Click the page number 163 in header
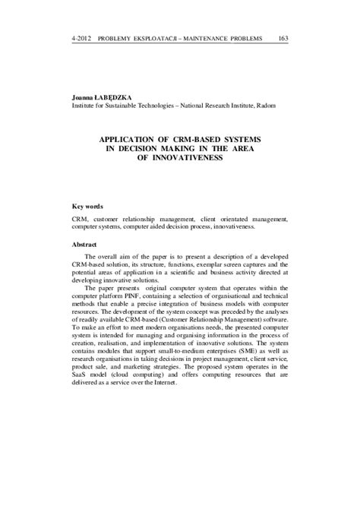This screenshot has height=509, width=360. click(x=283, y=38)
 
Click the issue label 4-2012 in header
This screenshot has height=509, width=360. click(x=81, y=38)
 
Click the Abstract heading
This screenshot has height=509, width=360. click(x=84, y=245)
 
